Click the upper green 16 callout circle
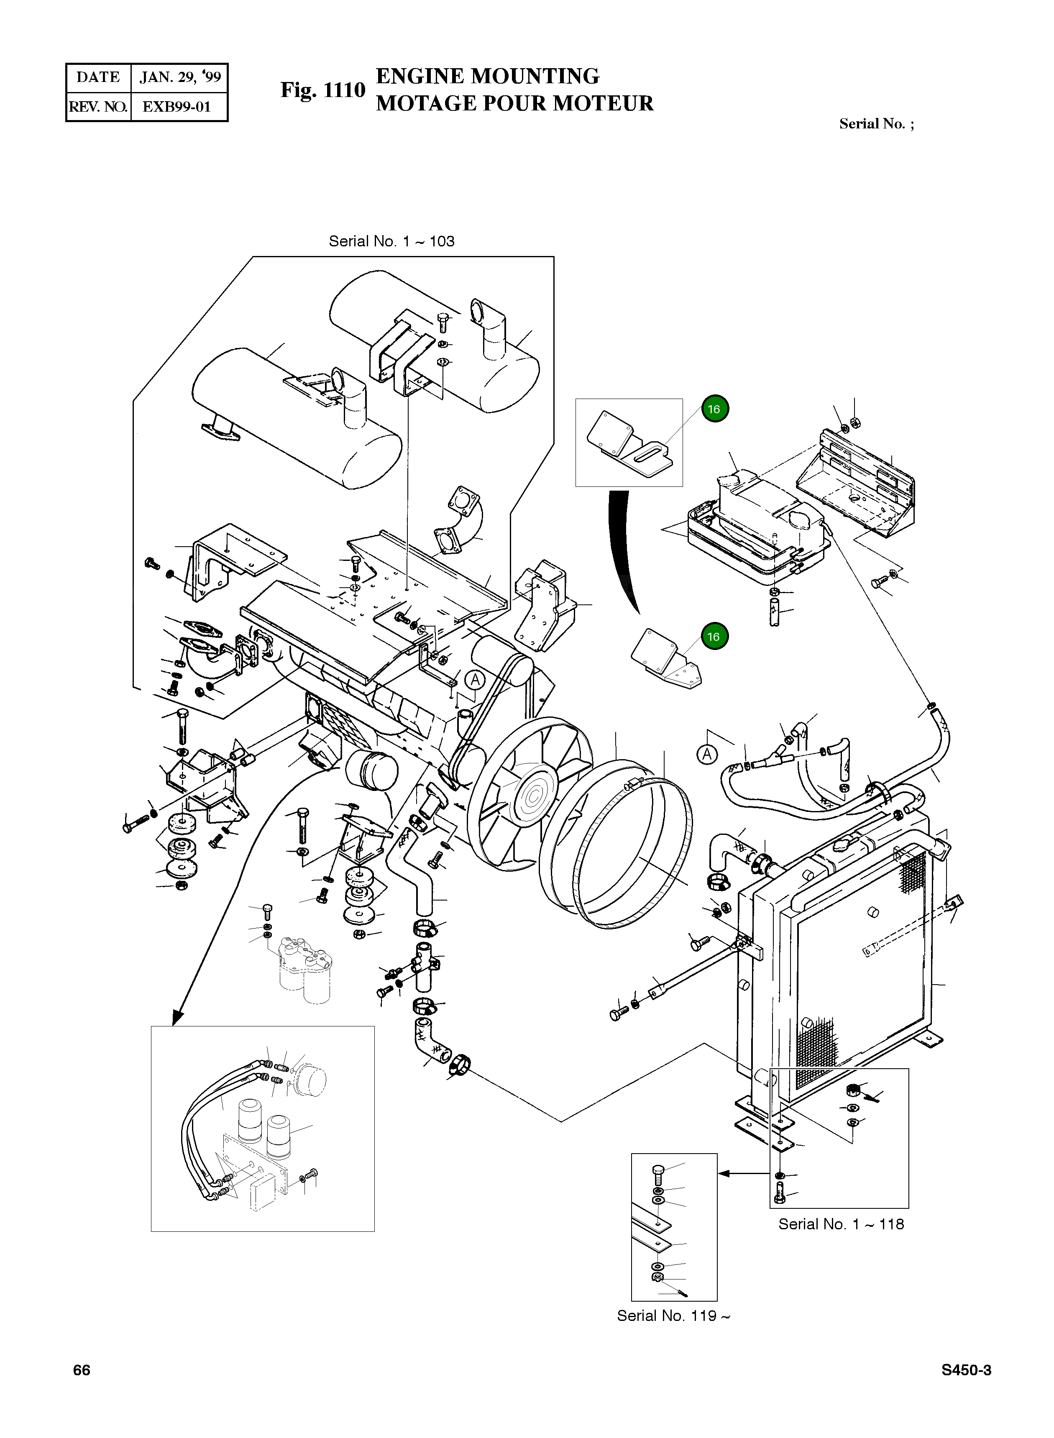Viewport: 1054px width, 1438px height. [714, 409]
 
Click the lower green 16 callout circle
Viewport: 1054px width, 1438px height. [714, 637]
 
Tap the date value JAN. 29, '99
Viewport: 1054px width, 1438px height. [180, 77]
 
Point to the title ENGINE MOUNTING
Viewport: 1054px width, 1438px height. [487, 76]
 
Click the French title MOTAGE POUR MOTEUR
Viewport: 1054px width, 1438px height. [514, 103]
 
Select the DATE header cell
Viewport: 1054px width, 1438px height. [98, 77]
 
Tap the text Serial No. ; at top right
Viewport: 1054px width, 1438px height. [876, 124]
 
